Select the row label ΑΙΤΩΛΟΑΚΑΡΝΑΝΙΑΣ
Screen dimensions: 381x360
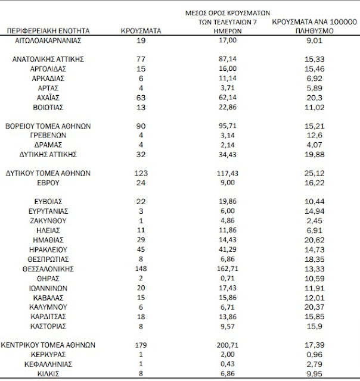48,40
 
